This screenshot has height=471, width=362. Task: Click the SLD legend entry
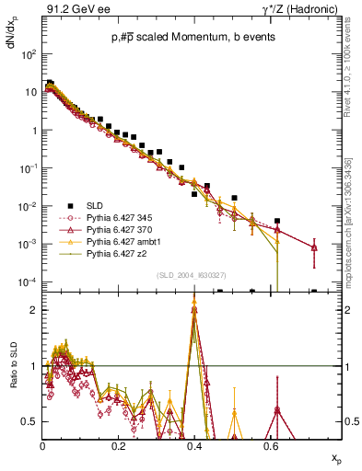(97, 206)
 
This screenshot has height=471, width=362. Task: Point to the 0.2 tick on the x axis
(118, 444)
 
